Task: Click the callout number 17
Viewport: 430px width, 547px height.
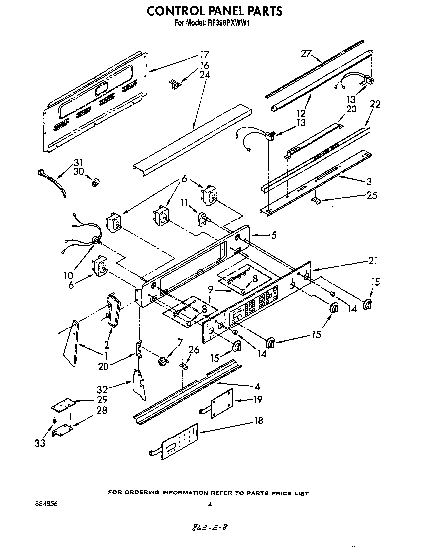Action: click(204, 55)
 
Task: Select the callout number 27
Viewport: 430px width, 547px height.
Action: click(306, 54)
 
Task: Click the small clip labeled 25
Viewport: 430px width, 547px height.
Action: click(315, 200)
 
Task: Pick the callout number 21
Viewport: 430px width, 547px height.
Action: click(373, 260)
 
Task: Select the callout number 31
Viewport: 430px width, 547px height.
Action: click(79, 162)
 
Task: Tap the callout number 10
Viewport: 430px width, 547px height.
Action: click(68, 275)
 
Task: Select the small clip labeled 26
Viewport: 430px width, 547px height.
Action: click(184, 366)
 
